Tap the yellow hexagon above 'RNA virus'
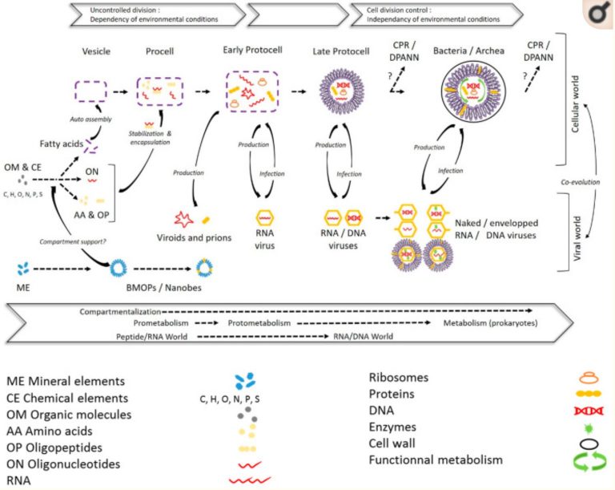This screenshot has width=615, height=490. pos(266,217)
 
